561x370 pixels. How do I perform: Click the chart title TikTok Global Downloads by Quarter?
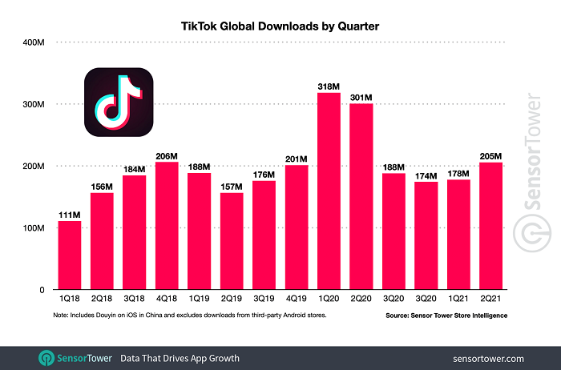(x=280, y=26)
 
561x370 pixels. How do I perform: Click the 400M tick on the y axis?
(x=34, y=42)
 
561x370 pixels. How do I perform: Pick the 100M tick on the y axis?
(x=34, y=228)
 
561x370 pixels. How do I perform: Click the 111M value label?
(x=70, y=213)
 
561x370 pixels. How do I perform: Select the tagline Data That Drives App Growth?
(x=180, y=357)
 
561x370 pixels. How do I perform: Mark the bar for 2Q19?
(x=232, y=241)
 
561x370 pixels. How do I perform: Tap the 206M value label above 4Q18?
(x=167, y=155)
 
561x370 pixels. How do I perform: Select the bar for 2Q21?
(x=490, y=226)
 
